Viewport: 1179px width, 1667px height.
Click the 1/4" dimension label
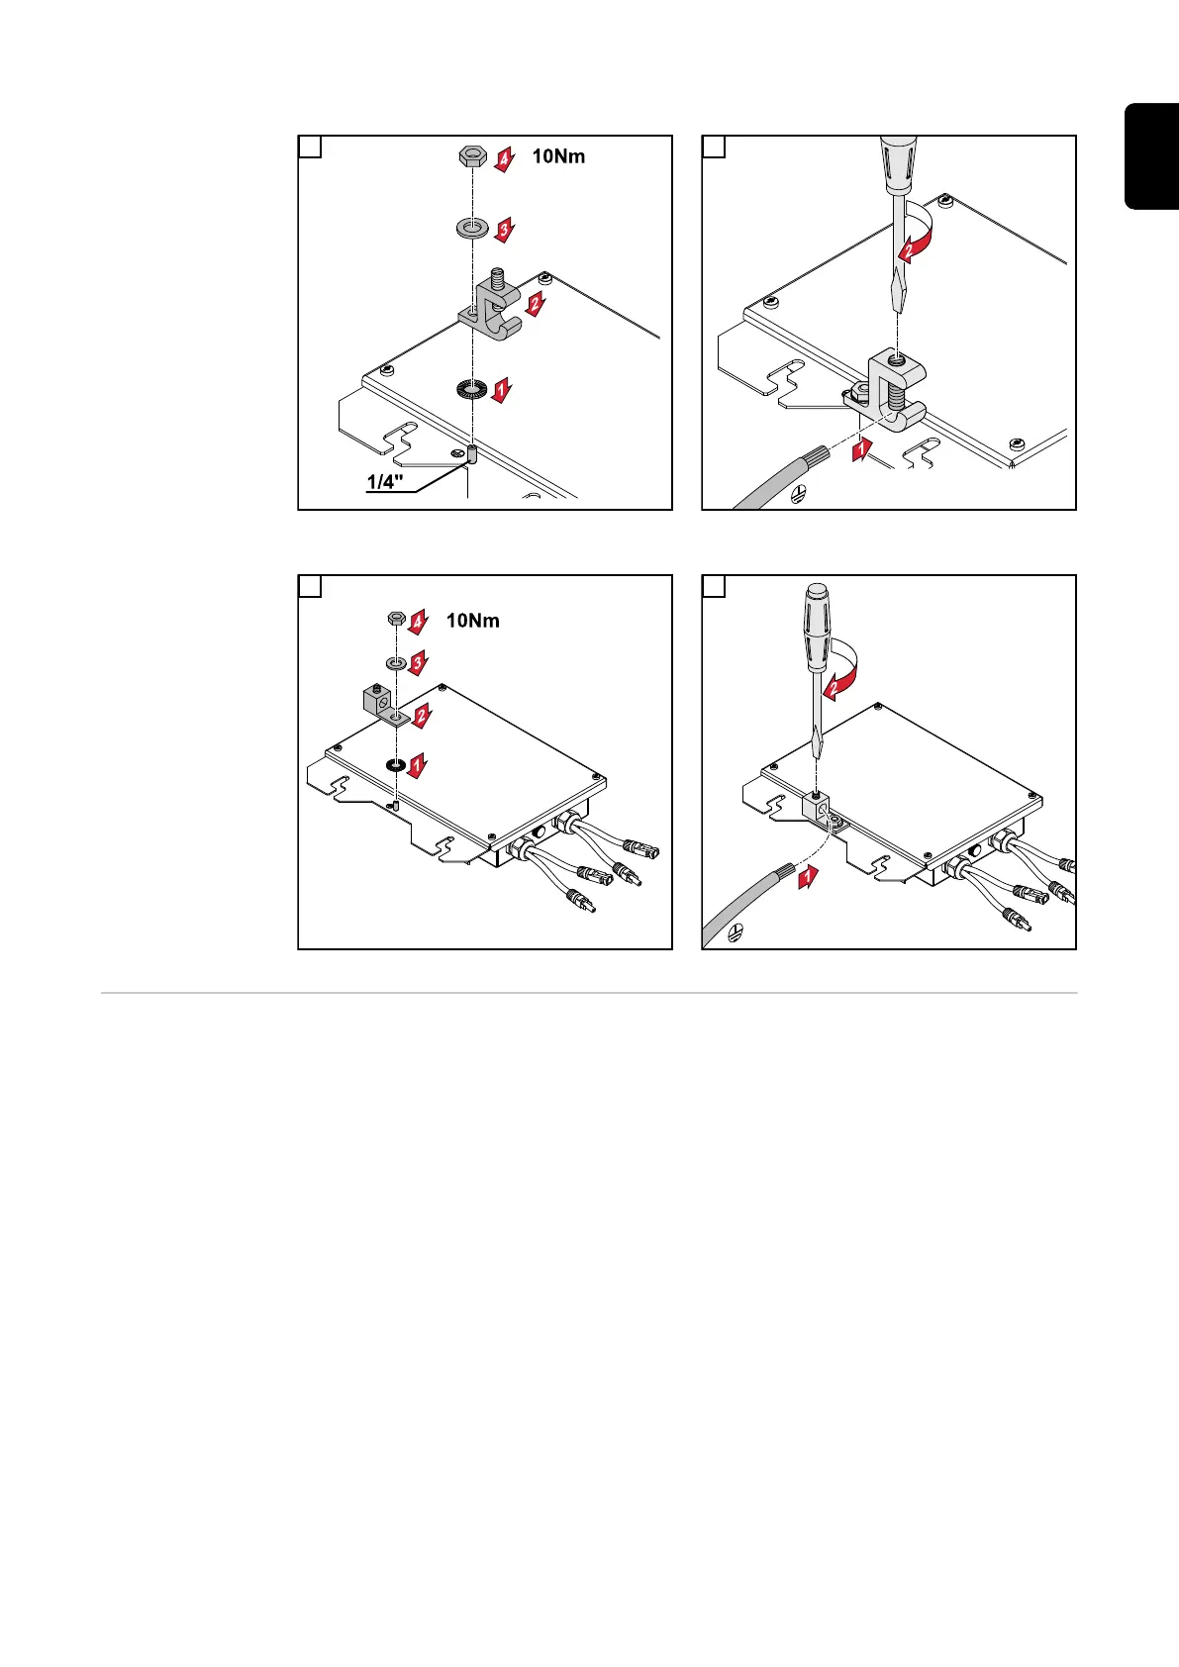click(x=385, y=483)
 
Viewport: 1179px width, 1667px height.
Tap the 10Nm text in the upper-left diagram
click(x=558, y=156)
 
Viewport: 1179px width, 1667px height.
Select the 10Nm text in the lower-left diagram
click(x=472, y=621)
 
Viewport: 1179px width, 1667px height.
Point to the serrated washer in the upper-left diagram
click(x=472, y=389)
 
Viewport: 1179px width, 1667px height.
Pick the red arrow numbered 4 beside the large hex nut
click(x=505, y=158)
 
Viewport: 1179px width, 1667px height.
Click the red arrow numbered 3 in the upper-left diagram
click(x=504, y=231)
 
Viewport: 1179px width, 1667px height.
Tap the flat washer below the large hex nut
click(x=472, y=229)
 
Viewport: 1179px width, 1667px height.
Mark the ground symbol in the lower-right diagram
click(x=736, y=933)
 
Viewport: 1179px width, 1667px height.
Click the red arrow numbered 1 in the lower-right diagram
click(x=809, y=876)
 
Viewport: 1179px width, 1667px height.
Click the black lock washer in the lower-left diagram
click(x=394, y=765)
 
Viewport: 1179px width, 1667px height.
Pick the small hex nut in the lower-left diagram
click(x=393, y=619)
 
